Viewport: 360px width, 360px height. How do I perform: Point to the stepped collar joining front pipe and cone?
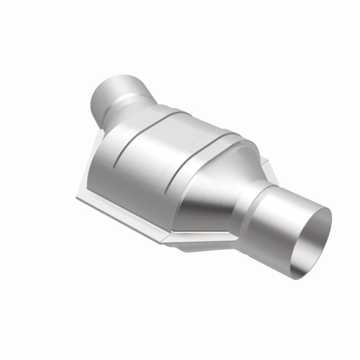tap(245, 198)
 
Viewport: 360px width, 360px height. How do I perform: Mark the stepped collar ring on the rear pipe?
tap(130, 101)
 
